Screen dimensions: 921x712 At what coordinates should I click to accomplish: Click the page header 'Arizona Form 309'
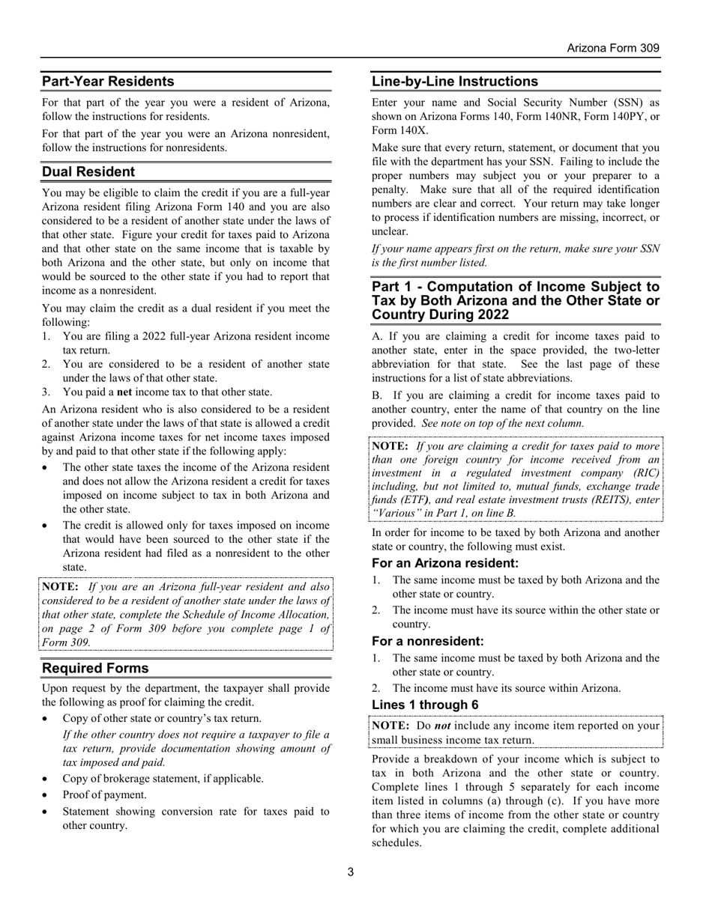612,48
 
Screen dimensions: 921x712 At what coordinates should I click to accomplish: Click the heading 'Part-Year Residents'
108,81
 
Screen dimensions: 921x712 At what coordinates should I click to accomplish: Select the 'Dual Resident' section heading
88,171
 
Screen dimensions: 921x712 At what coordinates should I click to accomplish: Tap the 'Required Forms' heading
95,668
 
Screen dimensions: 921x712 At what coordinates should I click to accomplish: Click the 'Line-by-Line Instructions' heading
455,81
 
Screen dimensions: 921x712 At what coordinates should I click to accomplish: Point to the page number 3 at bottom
351,872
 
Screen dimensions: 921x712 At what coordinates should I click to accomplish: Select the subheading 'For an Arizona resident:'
445,563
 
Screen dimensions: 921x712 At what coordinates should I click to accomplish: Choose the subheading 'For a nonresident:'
428,641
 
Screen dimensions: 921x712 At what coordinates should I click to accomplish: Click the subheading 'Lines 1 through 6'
425,705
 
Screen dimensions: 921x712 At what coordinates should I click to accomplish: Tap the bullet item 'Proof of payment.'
104,794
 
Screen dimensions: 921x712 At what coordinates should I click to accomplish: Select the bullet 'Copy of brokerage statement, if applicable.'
163,778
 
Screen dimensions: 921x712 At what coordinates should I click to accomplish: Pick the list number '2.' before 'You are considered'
46,364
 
